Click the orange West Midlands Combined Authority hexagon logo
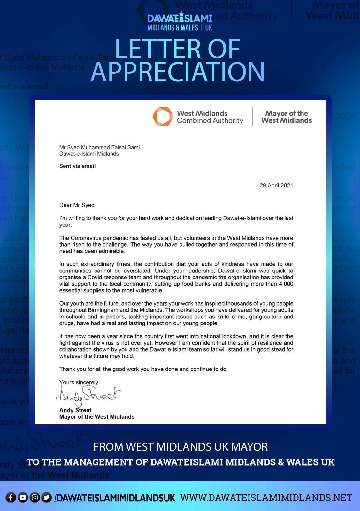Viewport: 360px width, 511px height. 163,117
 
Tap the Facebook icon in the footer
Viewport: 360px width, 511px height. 11,497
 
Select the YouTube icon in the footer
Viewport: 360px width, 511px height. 23,497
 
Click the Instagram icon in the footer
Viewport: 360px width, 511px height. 35,497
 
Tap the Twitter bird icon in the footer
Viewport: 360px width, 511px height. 47,497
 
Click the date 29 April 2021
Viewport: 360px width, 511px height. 276,186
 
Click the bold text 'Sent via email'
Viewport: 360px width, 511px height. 77,166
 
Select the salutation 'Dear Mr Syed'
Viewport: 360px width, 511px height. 77,205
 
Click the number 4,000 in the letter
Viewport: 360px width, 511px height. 286,284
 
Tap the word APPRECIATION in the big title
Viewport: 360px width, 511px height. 178,72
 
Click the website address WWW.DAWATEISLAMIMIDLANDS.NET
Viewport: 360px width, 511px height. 266,498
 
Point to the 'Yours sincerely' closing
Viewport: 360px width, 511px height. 79,382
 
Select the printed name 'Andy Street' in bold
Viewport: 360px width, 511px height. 75,410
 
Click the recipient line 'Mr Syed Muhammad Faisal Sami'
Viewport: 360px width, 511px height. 99,147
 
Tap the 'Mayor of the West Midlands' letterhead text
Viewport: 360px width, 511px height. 287,117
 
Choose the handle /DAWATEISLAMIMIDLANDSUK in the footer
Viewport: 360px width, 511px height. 115,498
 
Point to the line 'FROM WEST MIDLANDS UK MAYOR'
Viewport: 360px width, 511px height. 180,447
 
